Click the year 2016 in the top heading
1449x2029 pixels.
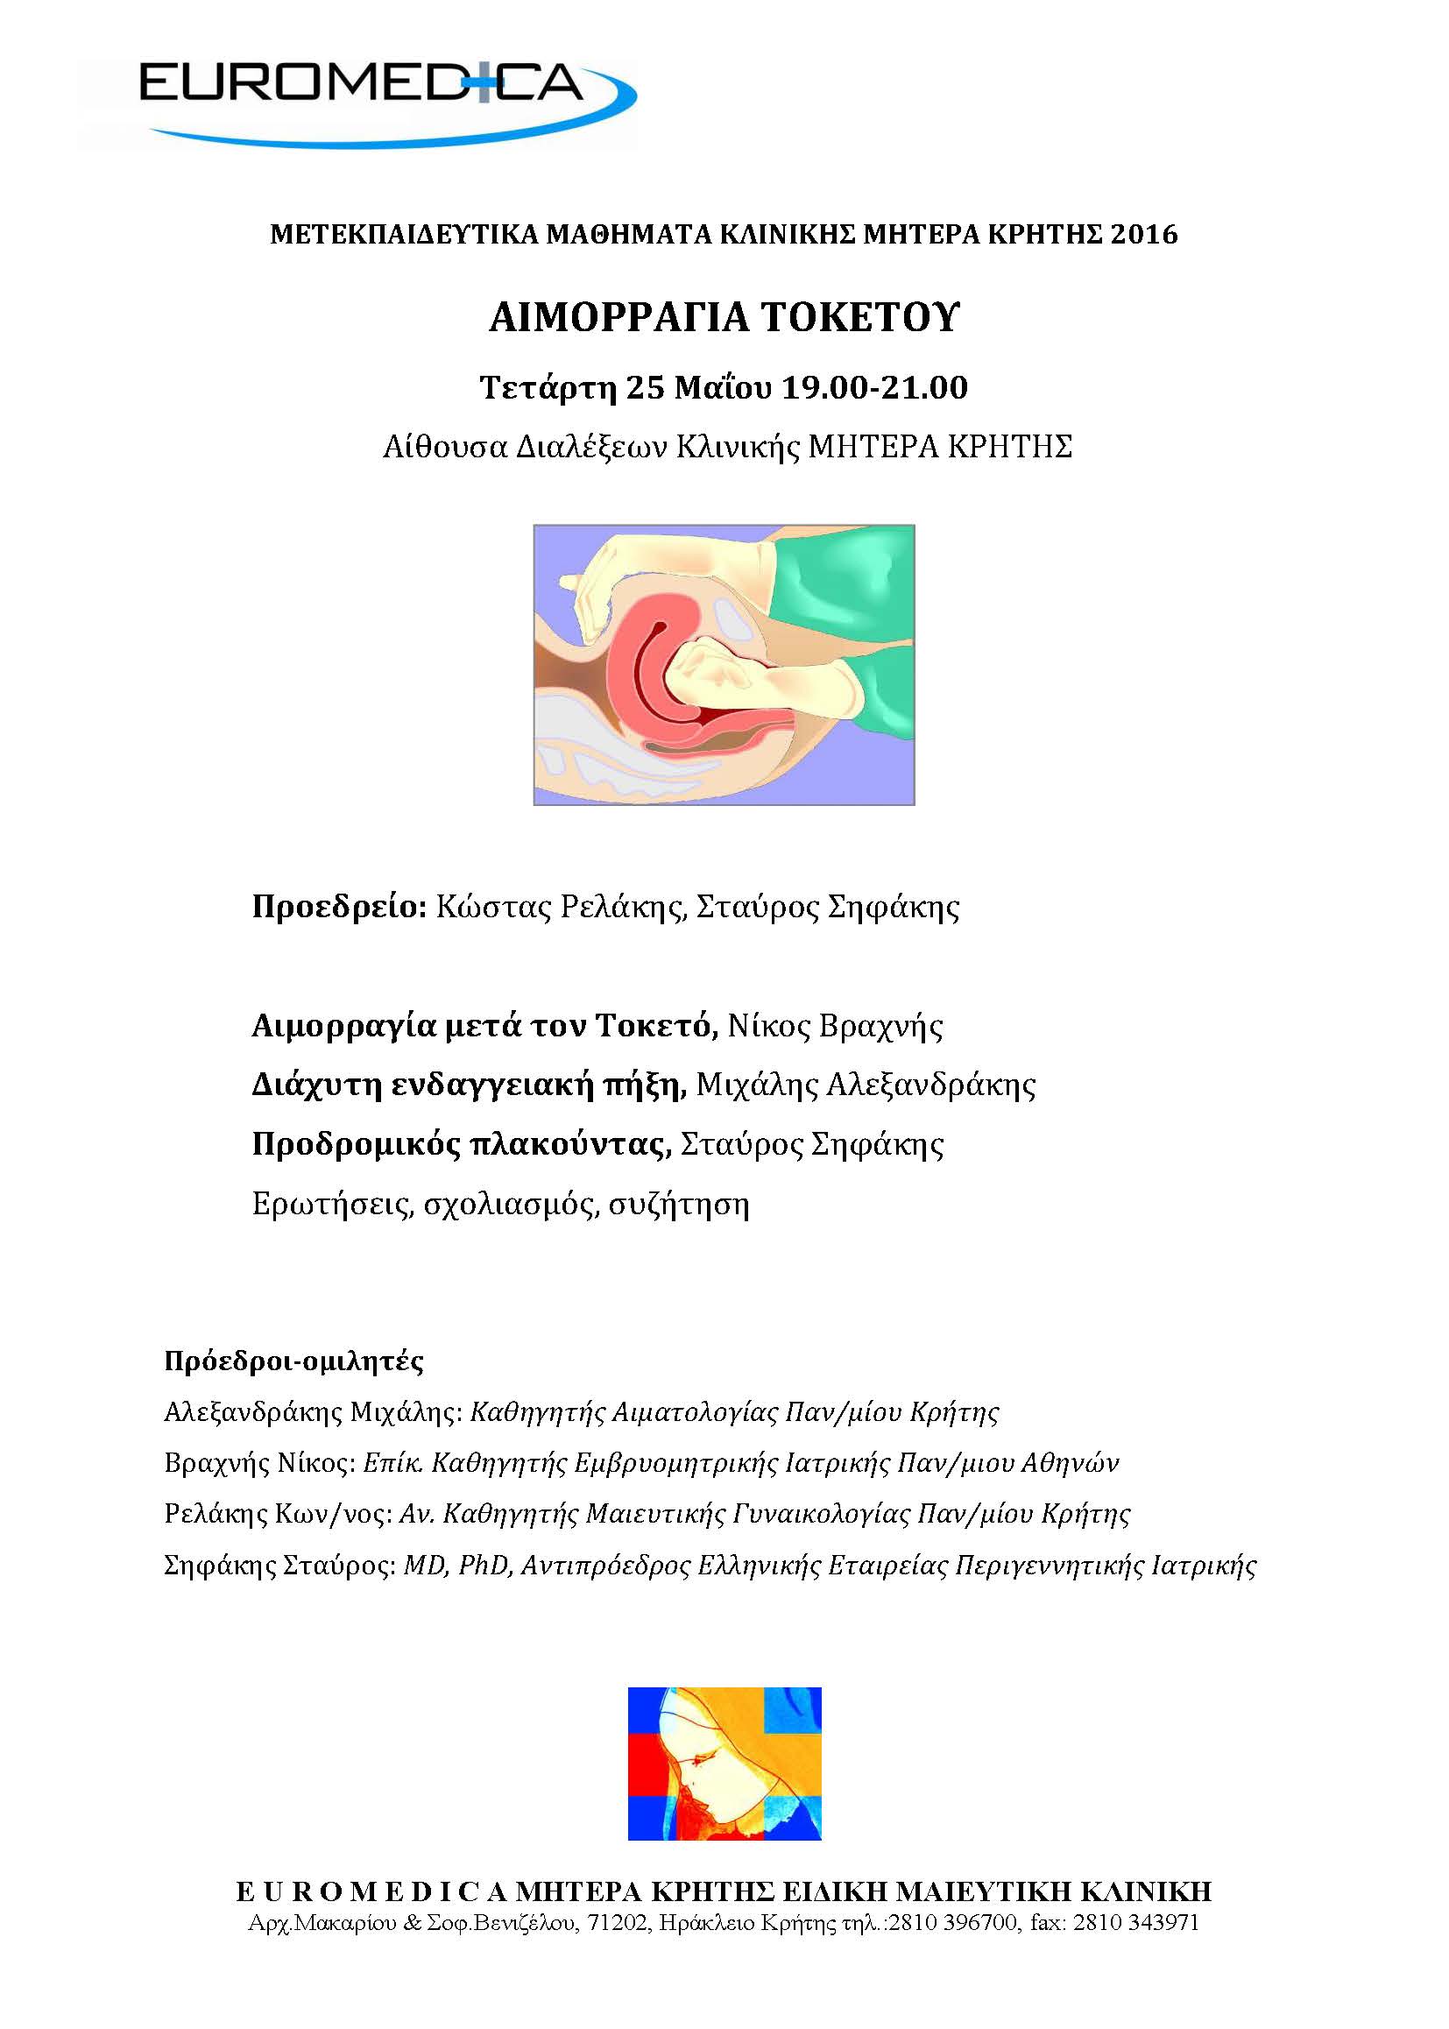1144,235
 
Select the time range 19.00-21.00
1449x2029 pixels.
874,388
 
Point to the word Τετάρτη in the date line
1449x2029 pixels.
548,388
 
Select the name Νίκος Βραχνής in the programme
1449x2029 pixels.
835,1026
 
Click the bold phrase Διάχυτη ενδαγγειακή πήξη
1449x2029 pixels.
469,1085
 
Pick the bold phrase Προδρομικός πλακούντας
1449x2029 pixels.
462,1144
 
